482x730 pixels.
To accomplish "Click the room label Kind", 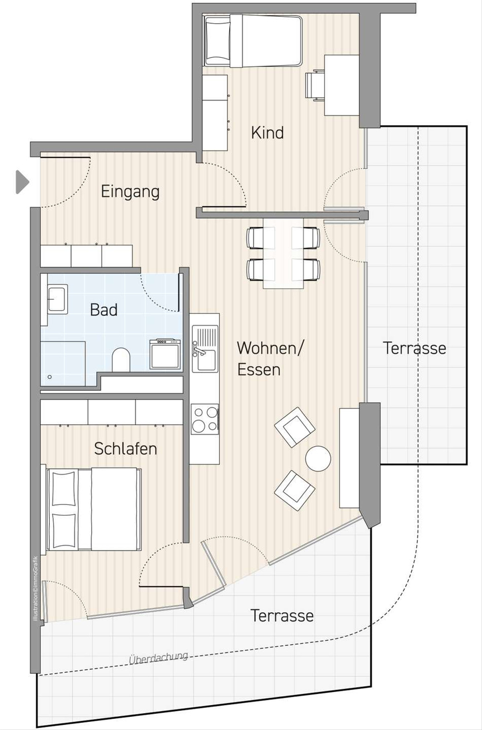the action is pyautogui.click(x=267, y=132).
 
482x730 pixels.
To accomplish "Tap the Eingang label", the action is pyautogui.click(x=130, y=192).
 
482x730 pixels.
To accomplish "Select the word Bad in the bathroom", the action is pyautogui.click(x=104, y=310).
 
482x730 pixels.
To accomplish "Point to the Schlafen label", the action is pyautogui.click(x=125, y=448).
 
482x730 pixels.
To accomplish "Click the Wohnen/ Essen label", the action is pyautogui.click(x=270, y=358).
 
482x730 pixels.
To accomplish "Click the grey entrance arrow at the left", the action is pyautogui.click(x=22, y=182).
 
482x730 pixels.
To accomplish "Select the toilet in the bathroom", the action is pyautogui.click(x=121, y=360).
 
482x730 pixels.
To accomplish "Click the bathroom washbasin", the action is pyautogui.click(x=57, y=299).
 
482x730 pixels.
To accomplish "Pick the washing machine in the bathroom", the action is pyautogui.click(x=165, y=354).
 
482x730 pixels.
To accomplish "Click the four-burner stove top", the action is pyautogui.click(x=205, y=419).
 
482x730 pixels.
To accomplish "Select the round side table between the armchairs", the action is pyautogui.click(x=318, y=459).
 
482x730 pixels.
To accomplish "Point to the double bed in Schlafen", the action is pyautogui.click(x=94, y=509).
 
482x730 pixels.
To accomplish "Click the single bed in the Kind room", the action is pyautogui.click(x=253, y=41).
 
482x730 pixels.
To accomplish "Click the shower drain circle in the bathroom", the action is pyautogui.click(x=50, y=377).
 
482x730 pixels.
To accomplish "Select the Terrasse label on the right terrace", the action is pyautogui.click(x=415, y=348).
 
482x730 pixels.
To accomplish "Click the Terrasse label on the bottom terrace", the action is pyautogui.click(x=282, y=616).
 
